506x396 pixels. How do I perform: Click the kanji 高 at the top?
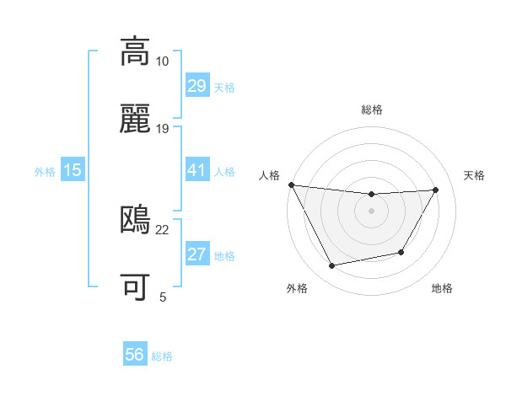pyautogui.click(x=135, y=51)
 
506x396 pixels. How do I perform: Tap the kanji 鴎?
pyautogui.click(x=135, y=220)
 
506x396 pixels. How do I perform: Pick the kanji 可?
pyautogui.click(x=135, y=286)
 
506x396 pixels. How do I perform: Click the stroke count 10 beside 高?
pyautogui.click(x=162, y=61)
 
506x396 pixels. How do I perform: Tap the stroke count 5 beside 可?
pyautogui.click(x=162, y=297)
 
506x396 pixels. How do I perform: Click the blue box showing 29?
pyautogui.click(x=196, y=86)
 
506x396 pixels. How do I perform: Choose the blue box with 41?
pyautogui.click(x=196, y=170)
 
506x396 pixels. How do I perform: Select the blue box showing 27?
pyautogui.click(x=196, y=254)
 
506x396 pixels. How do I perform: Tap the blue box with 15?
pyautogui.click(x=73, y=170)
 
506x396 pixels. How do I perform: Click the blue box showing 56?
pyautogui.click(x=135, y=355)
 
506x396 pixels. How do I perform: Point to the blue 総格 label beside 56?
pyautogui.click(x=162, y=356)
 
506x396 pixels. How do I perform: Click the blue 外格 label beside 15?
pyautogui.click(x=45, y=172)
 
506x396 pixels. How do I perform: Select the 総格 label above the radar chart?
pyautogui.click(x=371, y=110)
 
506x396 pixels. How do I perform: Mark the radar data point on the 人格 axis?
pyautogui.click(x=291, y=185)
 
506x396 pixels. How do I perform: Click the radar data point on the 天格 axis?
pyautogui.click(x=435, y=190)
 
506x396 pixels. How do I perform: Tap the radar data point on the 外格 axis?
pyautogui.click(x=332, y=265)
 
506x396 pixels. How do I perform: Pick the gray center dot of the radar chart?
pyautogui.click(x=371, y=211)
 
